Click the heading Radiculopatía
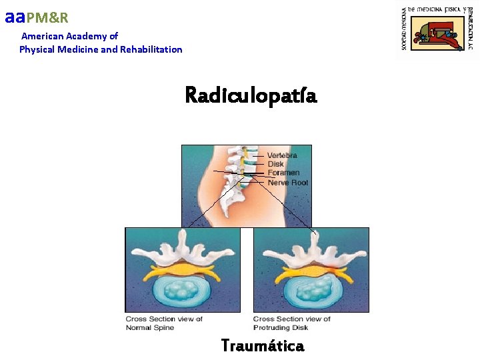point(251,96)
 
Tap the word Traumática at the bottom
point(262,346)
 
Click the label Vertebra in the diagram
point(282,155)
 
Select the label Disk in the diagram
point(275,164)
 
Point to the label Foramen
point(283,173)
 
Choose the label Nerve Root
point(287,182)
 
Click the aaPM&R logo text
point(37,17)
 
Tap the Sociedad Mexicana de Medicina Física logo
point(437,30)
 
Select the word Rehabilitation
point(151,49)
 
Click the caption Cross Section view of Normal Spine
point(164,323)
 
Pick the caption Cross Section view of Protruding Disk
point(292,323)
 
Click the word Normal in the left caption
point(139,327)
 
